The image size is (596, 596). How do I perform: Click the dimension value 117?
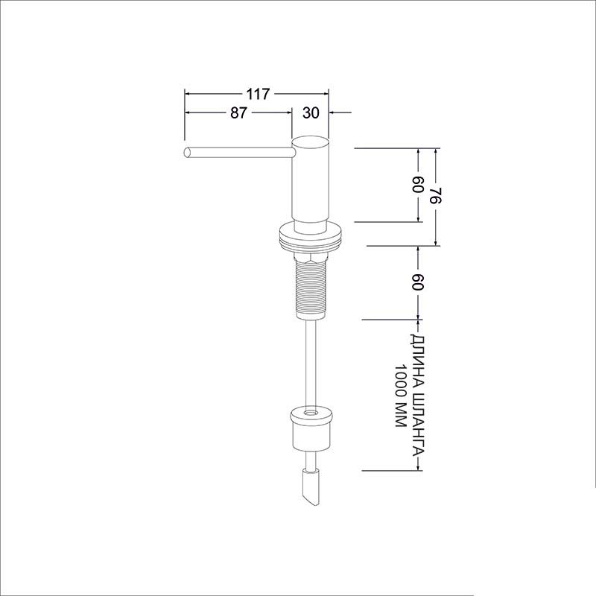pos(258,94)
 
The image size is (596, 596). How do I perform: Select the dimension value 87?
pos(238,112)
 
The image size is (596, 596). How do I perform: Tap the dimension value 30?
pos(311,112)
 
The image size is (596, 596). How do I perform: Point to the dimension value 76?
pos(436,196)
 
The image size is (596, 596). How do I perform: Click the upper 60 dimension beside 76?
pos(418,184)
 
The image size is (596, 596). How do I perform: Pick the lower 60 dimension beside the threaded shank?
pos(418,282)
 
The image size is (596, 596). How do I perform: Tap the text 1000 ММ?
pos(401,396)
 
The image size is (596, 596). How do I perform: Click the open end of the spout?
pos(187,153)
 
